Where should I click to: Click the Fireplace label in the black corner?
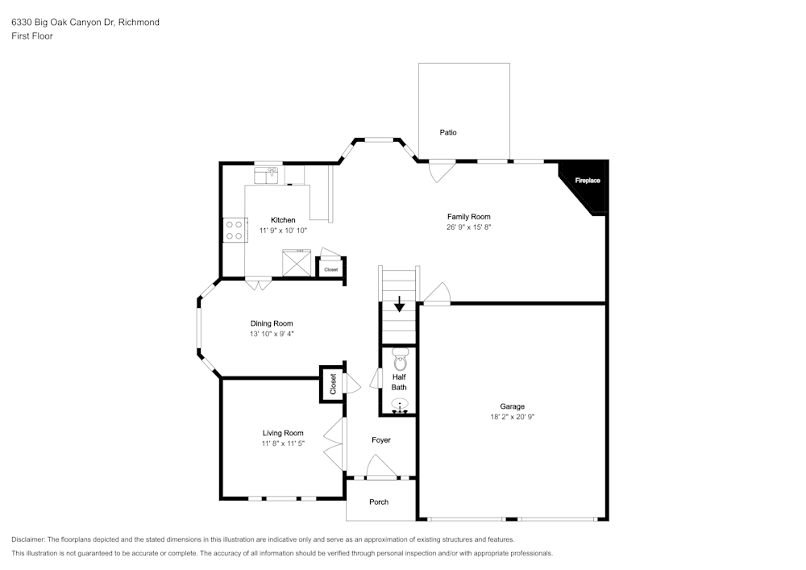588,181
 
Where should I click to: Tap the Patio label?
447,132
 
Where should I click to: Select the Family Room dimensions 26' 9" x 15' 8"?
469,227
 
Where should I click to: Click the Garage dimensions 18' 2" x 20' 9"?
512,417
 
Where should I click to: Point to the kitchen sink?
266,175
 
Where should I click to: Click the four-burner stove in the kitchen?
235,231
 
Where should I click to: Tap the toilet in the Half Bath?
400,360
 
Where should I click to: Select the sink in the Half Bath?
400,404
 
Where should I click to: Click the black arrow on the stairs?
400,304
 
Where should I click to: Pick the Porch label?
379,502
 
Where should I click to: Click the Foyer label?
381,440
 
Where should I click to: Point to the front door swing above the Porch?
381,467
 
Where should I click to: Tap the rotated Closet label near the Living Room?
333,384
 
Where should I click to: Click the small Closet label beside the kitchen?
331,269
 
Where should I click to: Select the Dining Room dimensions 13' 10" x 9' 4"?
272,334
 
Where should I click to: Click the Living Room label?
283,433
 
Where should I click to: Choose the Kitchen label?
283,220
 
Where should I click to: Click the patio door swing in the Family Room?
442,172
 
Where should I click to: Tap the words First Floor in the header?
32,36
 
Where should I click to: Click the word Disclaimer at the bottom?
27,539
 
